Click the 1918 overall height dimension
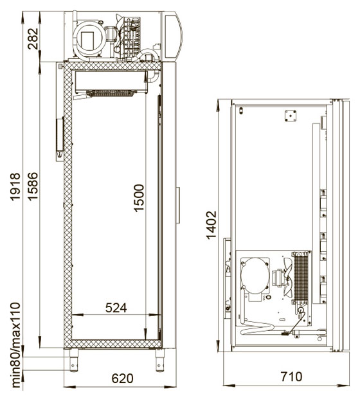tap(15, 187)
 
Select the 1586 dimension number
tap(33, 186)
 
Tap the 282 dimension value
tap(33, 39)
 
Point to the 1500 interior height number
tap(139, 198)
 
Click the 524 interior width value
tap(116, 308)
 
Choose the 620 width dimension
tap(122, 379)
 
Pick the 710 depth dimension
tap(291, 377)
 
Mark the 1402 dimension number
tap(212, 225)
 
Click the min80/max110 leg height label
tap(15, 345)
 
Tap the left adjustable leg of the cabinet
tap(73, 361)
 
